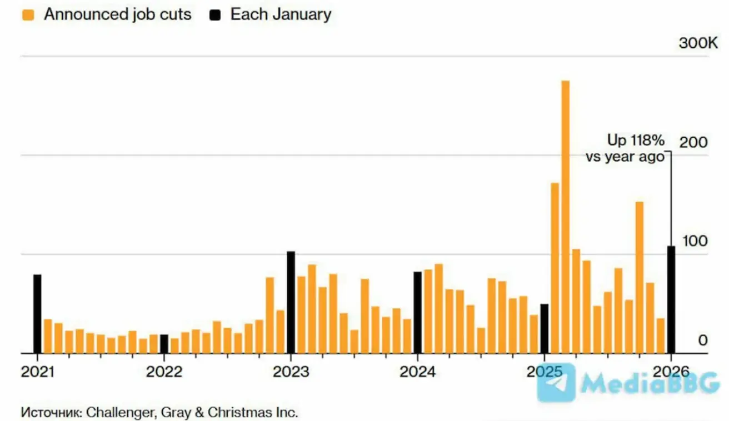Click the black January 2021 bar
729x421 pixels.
click(x=37, y=314)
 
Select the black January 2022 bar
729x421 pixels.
click(x=164, y=344)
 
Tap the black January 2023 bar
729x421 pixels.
click(x=291, y=302)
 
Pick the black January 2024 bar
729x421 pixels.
click(x=417, y=312)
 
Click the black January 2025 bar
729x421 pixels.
click(x=545, y=328)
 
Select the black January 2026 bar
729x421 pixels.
click(x=671, y=299)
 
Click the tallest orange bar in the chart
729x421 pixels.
click(x=566, y=217)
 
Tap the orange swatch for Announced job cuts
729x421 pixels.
click(x=28, y=15)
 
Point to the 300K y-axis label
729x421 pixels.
click(x=698, y=43)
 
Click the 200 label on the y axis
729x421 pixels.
click(x=694, y=143)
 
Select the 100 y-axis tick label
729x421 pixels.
click(x=694, y=242)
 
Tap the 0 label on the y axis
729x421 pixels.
click(x=703, y=340)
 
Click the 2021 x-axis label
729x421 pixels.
click(x=38, y=372)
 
